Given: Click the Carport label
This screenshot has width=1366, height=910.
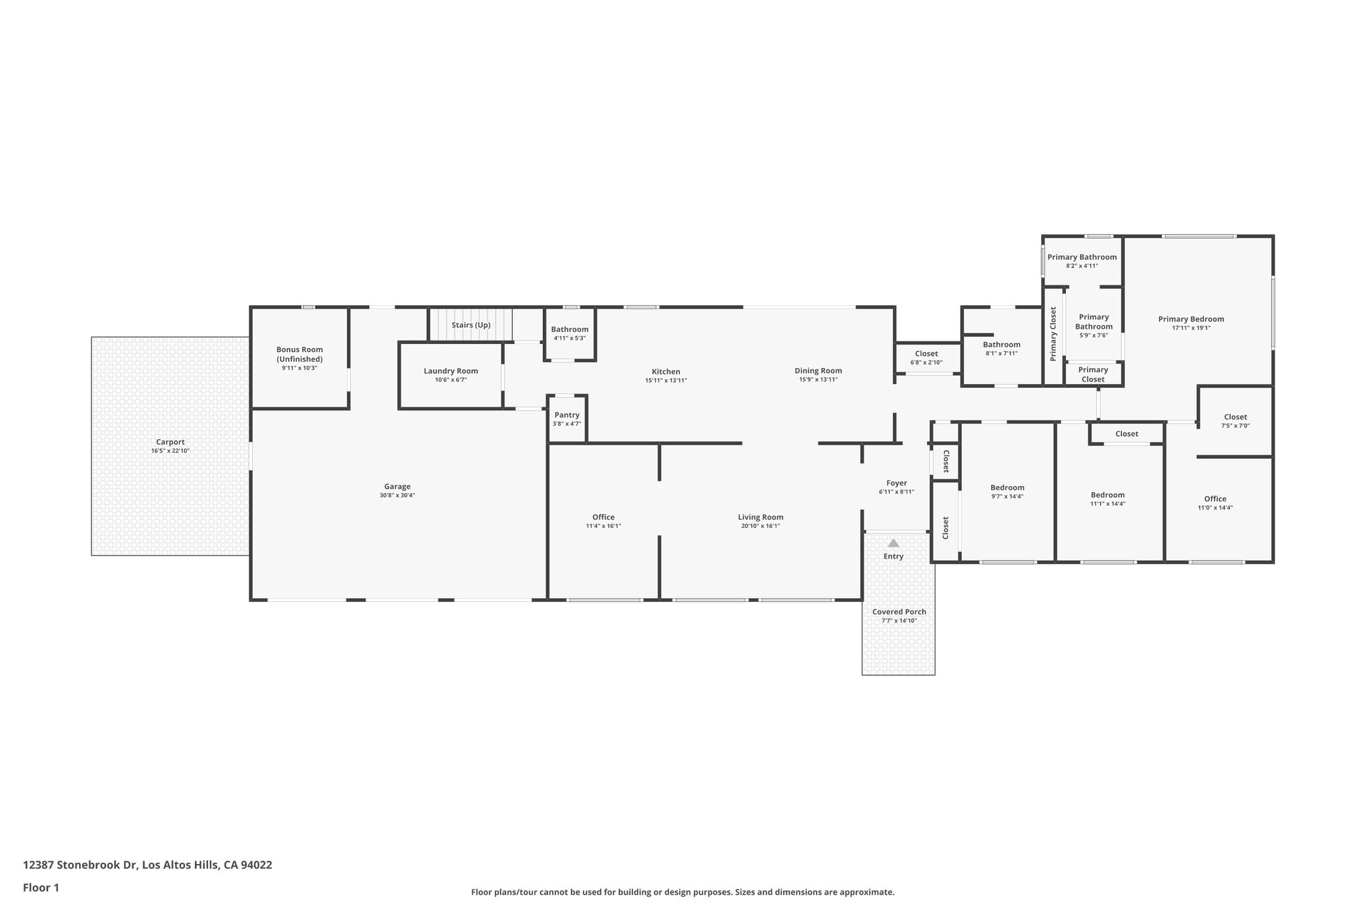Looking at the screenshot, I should coord(170,442).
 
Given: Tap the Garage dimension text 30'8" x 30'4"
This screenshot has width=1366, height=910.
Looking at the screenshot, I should coord(397,495).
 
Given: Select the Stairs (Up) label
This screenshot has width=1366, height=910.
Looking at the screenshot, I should coord(471,325).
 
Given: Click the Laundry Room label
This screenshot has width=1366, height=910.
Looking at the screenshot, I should coord(451,371).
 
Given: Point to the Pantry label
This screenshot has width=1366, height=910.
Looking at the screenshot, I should coord(567,415).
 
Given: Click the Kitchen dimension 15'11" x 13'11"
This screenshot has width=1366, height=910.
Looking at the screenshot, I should coord(666,381).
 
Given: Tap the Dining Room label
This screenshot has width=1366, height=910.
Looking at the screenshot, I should coord(818,371).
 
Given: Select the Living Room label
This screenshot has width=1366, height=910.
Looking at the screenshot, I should coord(760,517).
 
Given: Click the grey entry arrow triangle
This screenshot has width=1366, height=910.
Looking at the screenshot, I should coord(893,543).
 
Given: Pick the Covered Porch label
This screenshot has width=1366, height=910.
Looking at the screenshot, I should coord(899,612).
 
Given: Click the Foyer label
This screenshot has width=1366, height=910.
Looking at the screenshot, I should coord(896,483).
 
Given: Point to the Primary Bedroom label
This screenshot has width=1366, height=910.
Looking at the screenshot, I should coord(1191,319).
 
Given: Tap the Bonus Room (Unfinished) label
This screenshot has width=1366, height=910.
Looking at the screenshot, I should coord(299,354).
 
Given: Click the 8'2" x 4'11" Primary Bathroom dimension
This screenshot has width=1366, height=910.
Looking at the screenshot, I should coord(1081,266).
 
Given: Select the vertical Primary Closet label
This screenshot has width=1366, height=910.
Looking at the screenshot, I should coord(1053,334).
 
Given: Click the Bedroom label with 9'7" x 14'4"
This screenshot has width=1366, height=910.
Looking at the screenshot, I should coord(1007,487).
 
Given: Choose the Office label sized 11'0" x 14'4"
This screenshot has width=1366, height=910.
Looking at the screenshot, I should coord(1215,499).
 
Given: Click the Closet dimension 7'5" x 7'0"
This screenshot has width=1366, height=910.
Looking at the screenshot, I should coord(1235,426).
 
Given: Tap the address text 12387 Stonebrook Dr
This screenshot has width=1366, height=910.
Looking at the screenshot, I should coord(80,865).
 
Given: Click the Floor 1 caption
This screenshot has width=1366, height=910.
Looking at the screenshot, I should coord(41,888).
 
